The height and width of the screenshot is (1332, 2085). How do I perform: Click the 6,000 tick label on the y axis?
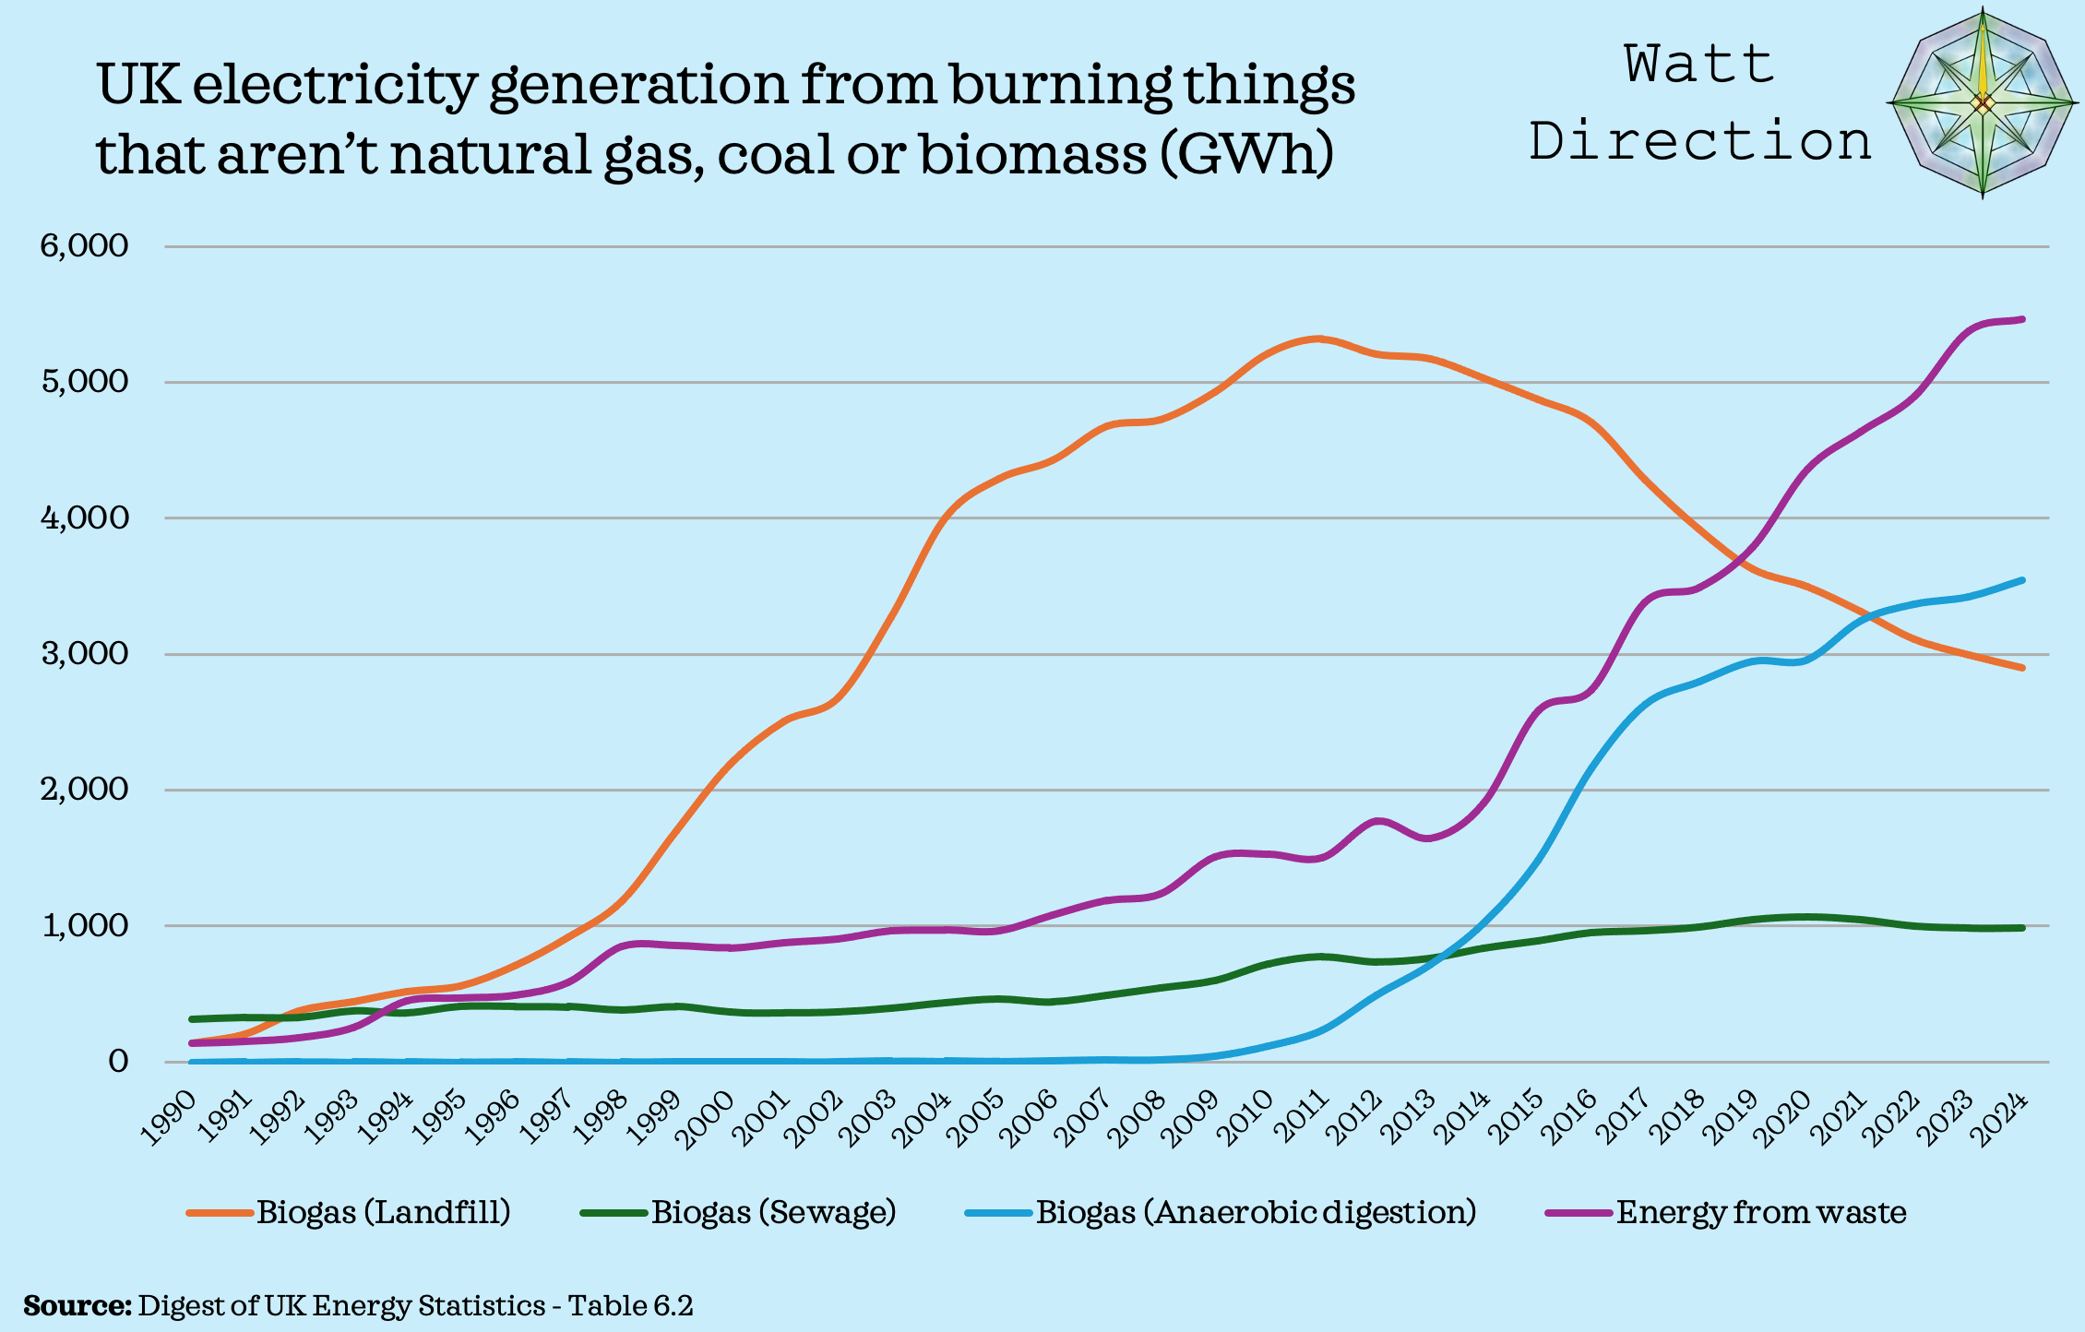[83, 246]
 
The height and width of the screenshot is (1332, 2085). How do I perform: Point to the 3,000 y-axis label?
[83, 654]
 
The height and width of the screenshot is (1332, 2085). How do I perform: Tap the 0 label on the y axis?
[117, 1062]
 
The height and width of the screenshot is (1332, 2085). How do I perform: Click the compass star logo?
[1982, 103]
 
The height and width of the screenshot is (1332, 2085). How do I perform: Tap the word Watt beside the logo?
[1699, 65]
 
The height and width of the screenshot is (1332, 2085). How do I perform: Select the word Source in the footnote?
[77, 1306]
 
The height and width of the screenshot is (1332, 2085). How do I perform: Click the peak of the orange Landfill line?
[1317, 339]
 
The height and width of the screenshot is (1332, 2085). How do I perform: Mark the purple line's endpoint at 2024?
[2021, 319]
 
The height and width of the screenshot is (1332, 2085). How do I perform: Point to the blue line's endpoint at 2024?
[2021, 580]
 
